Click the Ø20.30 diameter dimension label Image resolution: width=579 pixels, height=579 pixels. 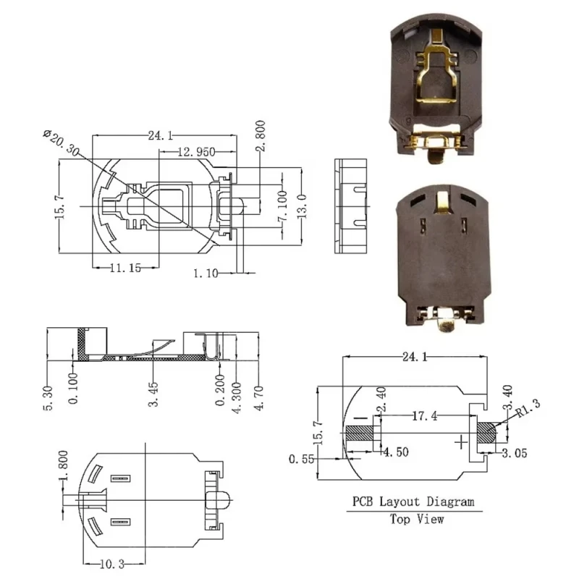click(x=62, y=143)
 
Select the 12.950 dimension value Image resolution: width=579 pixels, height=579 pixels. click(x=196, y=152)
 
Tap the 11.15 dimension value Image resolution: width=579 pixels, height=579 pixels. click(x=125, y=268)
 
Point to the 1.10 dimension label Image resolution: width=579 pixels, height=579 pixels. click(x=206, y=274)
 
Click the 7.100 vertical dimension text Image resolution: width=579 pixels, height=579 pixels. click(x=282, y=206)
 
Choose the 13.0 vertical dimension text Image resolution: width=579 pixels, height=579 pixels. click(x=302, y=206)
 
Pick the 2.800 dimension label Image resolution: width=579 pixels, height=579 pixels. click(x=261, y=135)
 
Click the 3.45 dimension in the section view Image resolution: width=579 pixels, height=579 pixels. click(x=153, y=394)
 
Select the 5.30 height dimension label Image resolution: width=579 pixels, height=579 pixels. click(x=48, y=399)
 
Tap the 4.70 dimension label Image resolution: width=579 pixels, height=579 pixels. click(x=259, y=398)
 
